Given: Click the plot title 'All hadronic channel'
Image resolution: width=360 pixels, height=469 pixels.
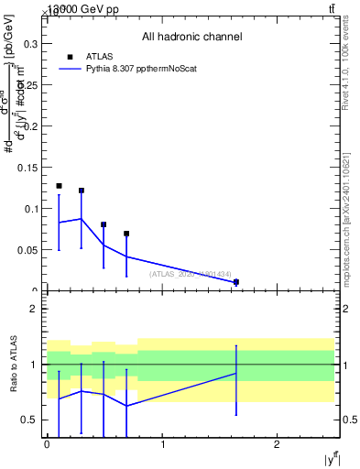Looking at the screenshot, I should [x=191, y=38].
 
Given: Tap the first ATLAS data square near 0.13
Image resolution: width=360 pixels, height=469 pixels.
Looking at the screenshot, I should [x=59, y=186].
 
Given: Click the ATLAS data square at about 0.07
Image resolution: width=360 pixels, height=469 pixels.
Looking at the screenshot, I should [x=126, y=234].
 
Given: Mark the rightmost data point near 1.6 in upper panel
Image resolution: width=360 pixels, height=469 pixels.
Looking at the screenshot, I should [x=236, y=282].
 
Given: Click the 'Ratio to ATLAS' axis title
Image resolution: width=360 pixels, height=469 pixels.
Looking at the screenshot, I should [x=15, y=365].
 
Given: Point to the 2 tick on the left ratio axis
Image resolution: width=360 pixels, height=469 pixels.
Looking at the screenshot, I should [x=32, y=309].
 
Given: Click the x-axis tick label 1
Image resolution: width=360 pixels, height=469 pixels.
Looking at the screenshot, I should [x=162, y=444].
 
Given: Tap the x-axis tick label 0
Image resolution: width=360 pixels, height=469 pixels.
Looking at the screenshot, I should [x=47, y=444].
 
